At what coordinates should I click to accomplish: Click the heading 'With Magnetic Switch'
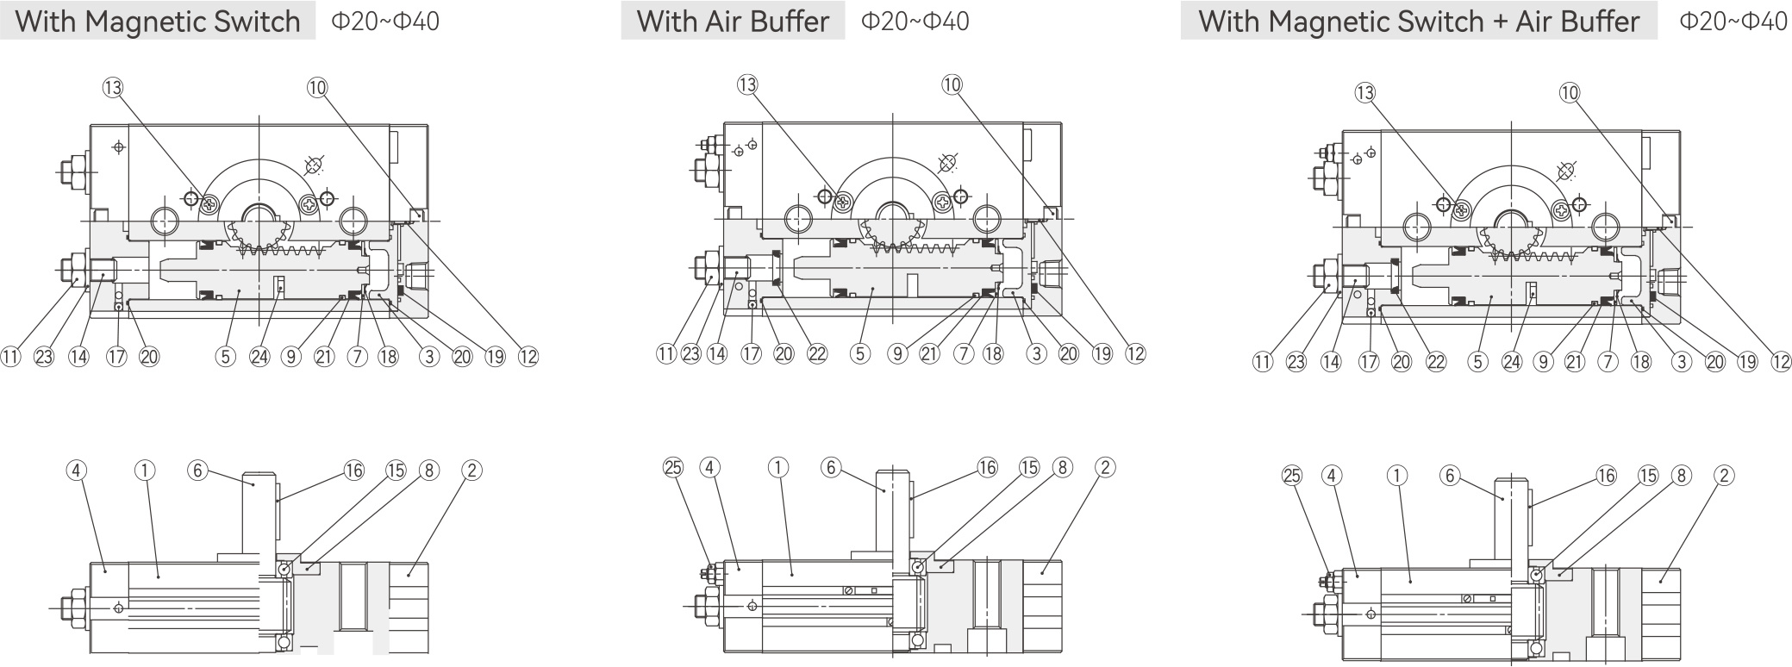pos(158,22)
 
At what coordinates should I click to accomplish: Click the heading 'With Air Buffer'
pos(733,22)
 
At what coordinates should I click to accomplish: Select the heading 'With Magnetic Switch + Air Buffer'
pos(1418,22)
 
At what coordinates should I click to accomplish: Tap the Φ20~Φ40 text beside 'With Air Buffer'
pos(915,22)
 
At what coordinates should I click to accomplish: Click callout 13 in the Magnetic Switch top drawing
pos(113,87)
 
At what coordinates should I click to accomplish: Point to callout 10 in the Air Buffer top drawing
pos(952,84)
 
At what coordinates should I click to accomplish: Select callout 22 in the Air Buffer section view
pos(816,353)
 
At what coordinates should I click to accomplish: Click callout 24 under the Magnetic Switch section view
pos(259,356)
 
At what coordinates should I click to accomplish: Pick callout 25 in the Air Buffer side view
pos(673,467)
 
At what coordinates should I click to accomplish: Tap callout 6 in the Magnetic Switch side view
pos(198,470)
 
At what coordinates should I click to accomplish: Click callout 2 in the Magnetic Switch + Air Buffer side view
pos(1724,475)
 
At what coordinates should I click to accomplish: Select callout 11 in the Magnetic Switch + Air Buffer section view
pos(1263,362)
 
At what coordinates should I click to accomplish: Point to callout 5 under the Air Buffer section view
pos(859,353)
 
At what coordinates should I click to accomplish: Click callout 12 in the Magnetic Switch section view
pos(528,356)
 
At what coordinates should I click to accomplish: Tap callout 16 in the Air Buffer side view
pos(987,467)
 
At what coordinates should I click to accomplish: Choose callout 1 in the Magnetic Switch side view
pos(145,470)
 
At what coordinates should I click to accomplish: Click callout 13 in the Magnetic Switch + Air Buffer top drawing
pos(1365,93)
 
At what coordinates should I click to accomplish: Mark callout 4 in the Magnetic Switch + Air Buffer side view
pos(1333,475)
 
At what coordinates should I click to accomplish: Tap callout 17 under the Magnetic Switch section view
pos(116,356)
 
